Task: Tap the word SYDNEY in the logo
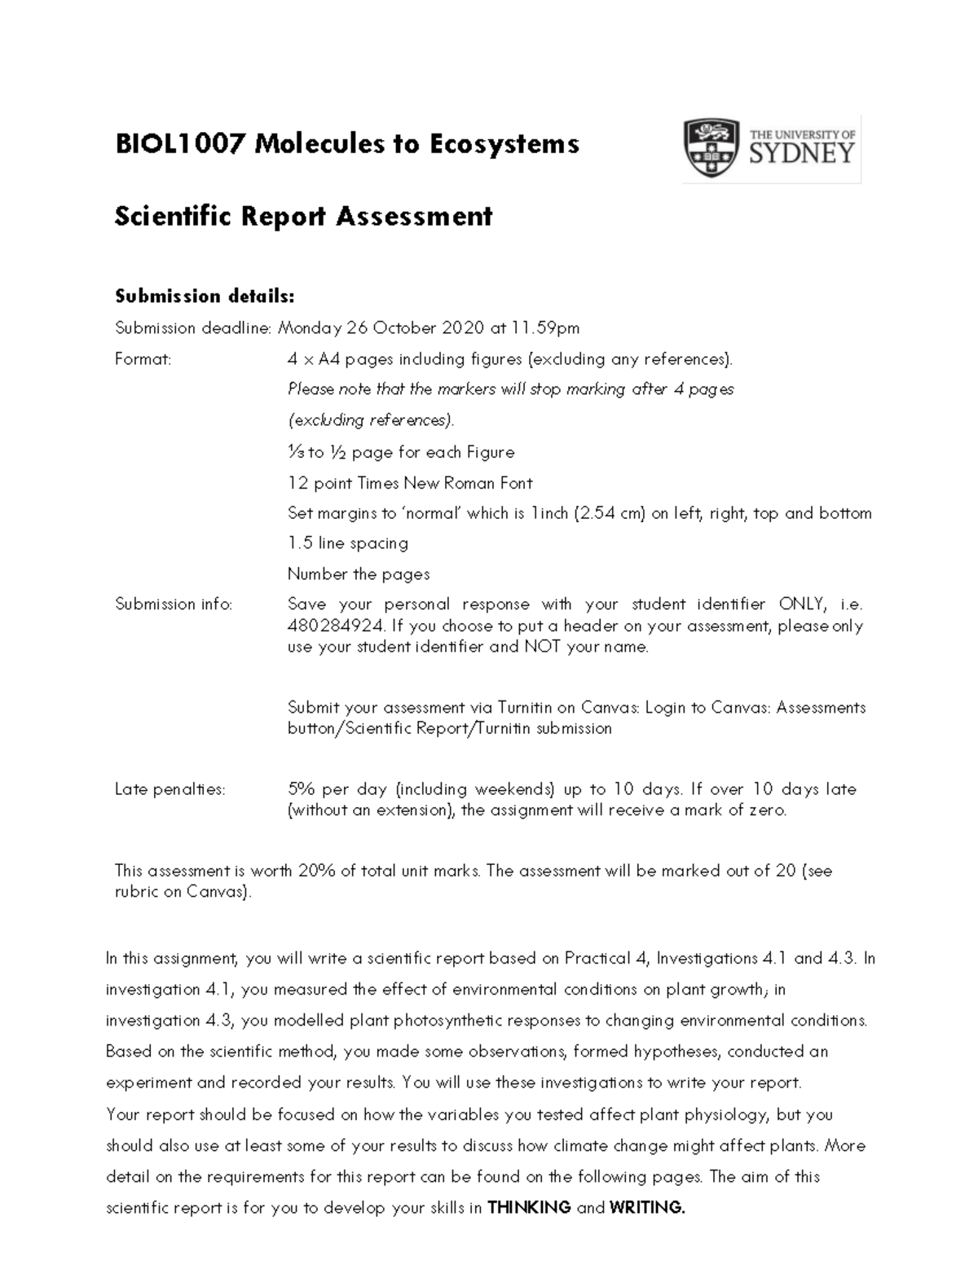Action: point(801,153)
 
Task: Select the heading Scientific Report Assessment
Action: point(303,217)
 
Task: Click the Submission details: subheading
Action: point(204,295)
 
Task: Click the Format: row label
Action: point(143,359)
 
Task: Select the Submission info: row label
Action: point(174,604)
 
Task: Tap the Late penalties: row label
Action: point(170,789)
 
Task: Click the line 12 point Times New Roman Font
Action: point(410,483)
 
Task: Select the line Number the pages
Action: point(359,574)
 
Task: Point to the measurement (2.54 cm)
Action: point(610,513)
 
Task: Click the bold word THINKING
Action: point(528,1208)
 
